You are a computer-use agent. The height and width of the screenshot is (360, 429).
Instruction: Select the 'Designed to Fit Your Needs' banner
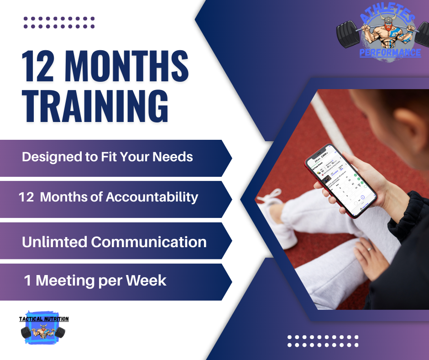[114, 158]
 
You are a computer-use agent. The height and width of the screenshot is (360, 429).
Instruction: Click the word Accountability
[152, 197]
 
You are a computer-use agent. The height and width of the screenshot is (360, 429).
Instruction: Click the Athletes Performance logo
[384, 34]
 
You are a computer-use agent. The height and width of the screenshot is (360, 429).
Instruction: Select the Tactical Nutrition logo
[44, 328]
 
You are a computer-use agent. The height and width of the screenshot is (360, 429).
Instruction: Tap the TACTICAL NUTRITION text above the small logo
[44, 319]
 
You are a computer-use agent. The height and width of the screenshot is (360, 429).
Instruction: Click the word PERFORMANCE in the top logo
[390, 53]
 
